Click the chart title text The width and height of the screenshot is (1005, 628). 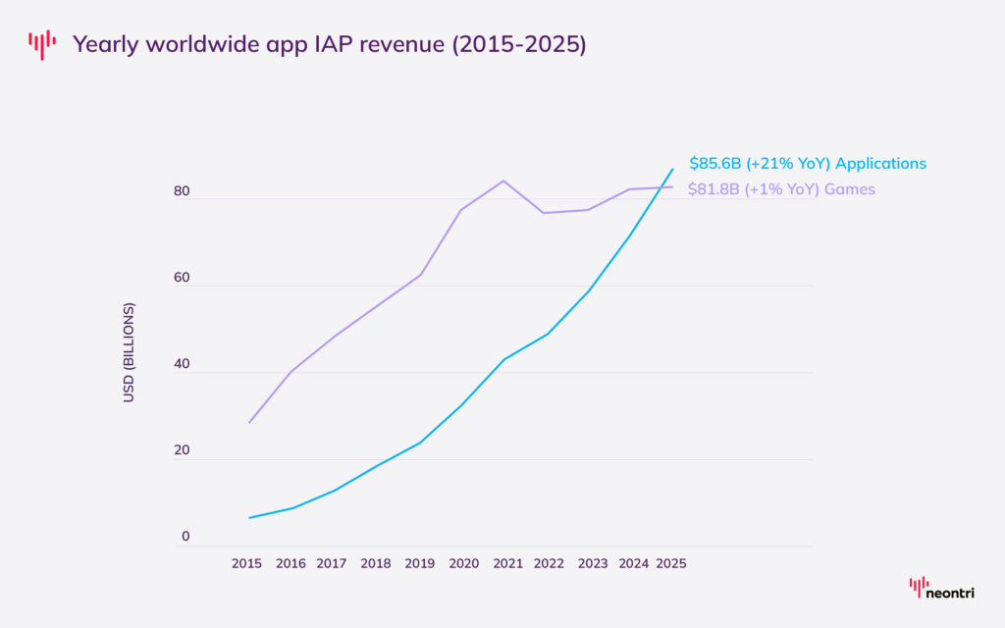click(329, 44)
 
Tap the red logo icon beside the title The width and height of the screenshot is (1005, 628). click(42, 44)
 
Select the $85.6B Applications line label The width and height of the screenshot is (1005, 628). click(807, 163)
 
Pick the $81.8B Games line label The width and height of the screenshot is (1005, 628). click(781, 188)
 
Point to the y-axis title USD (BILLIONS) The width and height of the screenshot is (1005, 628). click(129, 352)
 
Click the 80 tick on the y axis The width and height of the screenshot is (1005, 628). click(182, 191)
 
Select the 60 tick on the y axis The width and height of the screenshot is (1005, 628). click(182, 278)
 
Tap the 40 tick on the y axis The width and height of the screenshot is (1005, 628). click(182, 364)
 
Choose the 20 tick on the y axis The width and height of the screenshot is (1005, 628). click(182, 450)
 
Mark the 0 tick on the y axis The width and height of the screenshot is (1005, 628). click(185, 537)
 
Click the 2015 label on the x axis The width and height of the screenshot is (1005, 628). click(248, 563)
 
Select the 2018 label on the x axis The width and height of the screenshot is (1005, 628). click(376, 563)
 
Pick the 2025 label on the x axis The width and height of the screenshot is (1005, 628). click(671, 563)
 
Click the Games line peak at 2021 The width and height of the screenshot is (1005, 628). click(503, 181)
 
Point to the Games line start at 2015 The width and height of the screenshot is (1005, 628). click(249, 422)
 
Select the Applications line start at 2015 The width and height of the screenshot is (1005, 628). click(249, 517)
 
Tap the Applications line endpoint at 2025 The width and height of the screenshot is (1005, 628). click(672, 169)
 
